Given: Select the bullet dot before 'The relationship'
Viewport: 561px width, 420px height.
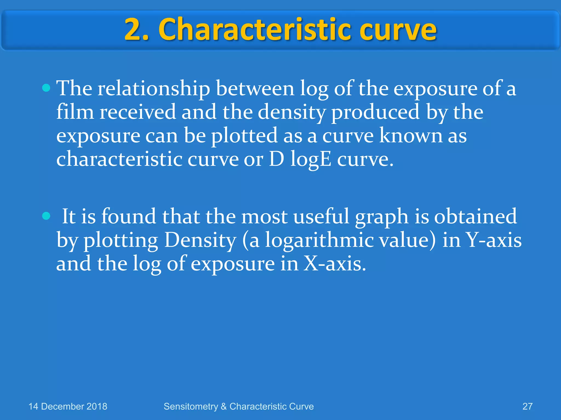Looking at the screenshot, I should pos(46,88).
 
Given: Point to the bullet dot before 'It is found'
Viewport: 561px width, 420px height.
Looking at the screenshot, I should pos(46,216).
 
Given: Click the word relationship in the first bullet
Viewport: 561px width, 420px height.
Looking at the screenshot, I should pos(154,89).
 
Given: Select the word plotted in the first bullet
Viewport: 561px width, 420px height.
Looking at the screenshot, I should pos(244,136).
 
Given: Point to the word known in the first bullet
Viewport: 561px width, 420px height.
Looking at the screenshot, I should pos(411,136).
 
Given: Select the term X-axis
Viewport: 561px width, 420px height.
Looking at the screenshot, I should pos(334,264).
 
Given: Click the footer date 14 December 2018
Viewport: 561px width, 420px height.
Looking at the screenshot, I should pos(68,406).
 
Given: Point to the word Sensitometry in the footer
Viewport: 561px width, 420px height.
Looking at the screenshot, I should pos(191,407).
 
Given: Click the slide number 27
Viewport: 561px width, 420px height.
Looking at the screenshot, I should pos(527,406).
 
